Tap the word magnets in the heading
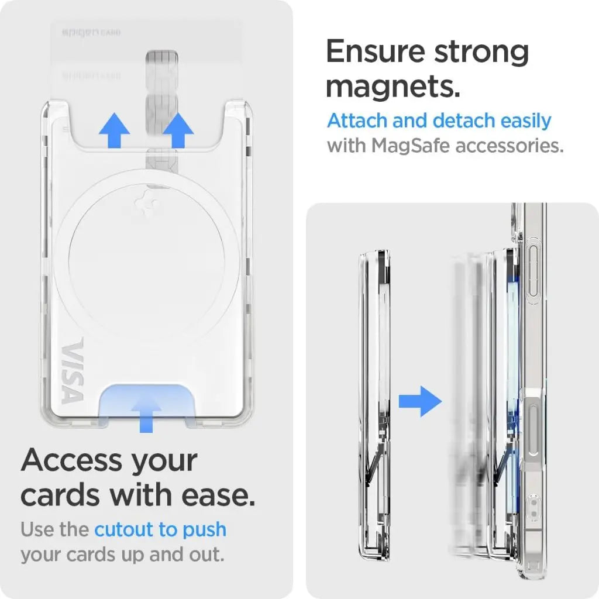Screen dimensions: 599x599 pyautogui.click(x=393, y=86)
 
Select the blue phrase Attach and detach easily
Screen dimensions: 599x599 pyautogui.click(x=439, y=121)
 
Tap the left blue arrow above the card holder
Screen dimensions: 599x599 pyautogui.click(x=114, y=130)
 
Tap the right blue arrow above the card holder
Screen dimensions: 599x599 pyautogui.click(x=178, y=130)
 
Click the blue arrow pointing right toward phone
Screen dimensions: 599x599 pyautogui.click(x=420, y=401)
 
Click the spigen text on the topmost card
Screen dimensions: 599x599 pyautogui.click(x=75, y=32)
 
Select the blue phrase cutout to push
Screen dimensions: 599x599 pyautogui.click(x=160, y=530)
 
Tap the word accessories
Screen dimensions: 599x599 pyautogui.click(x=509, y=145)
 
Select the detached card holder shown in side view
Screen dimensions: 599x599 pyautogui.click(x=370, y=404)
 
